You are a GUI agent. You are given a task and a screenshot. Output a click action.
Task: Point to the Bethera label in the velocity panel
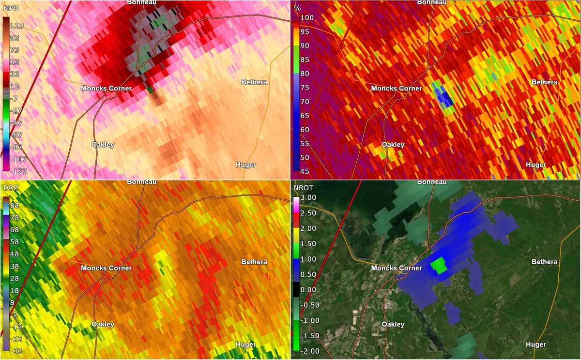tap(254, 82)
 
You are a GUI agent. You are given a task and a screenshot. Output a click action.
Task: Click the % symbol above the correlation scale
tap(298, 8)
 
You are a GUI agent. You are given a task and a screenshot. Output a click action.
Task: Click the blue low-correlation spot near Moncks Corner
tap(443, 99)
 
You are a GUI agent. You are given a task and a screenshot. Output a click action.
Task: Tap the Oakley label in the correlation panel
tap(393, 145)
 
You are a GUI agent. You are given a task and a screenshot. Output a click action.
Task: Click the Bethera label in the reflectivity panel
tap(254, 262)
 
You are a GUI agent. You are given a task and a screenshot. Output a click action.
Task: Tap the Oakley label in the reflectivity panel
tap(103, 324)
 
